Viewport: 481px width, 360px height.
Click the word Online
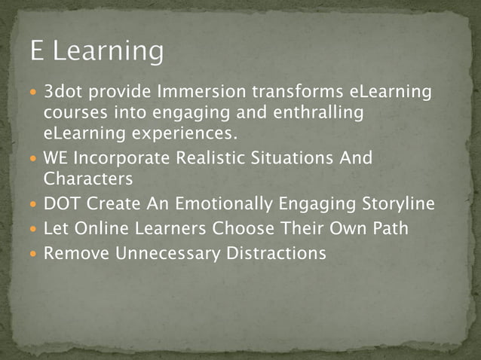click(x=102, y=228)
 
